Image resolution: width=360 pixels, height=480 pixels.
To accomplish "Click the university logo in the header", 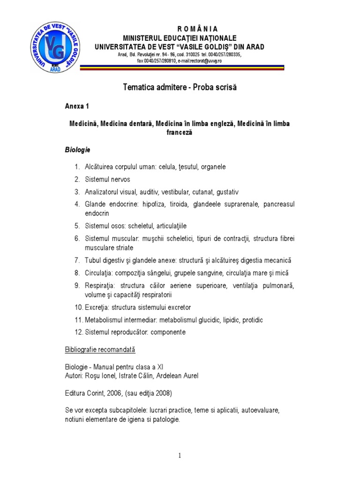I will (x=54, y=45).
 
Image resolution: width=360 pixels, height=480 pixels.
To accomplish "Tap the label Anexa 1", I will (x=77, y=106).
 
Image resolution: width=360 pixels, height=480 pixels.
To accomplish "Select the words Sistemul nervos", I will (x=107, y=179).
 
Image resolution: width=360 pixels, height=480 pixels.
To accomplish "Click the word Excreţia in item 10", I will (x=97, y=307).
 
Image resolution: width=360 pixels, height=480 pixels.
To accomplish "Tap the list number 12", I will (x=78, y=332).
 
